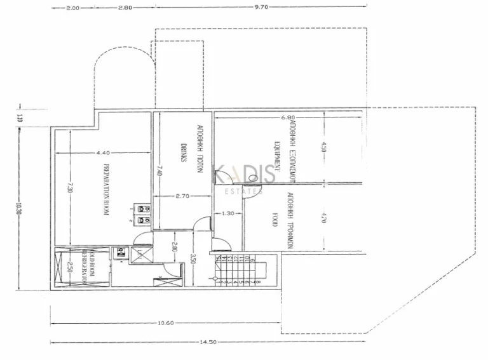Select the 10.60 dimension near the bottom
coord(165,323)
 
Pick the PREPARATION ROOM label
coord(107,191)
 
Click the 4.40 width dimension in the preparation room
coord(104,153)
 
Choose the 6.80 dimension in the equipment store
coord(288,117)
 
